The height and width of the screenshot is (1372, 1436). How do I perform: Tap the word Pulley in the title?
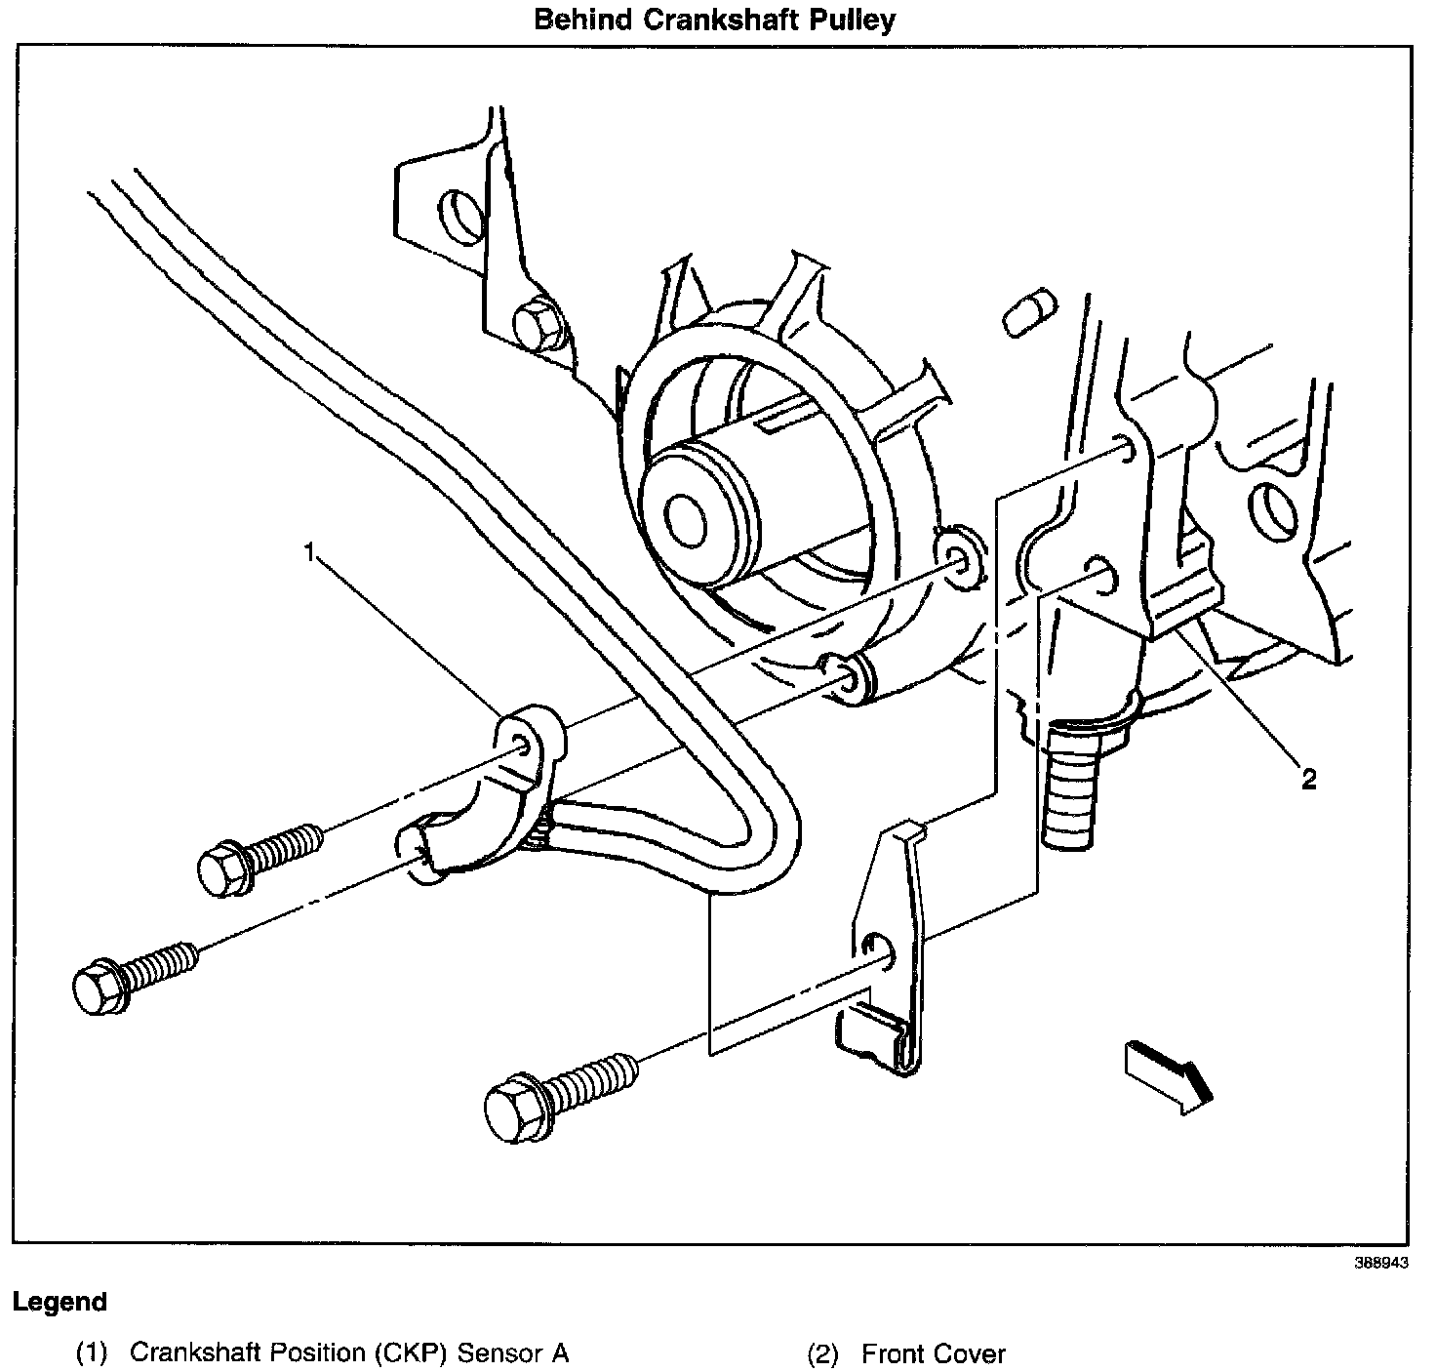[x=853, y=20]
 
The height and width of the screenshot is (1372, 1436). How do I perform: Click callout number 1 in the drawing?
[x=311, y=554]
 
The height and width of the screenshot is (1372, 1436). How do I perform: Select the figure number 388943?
[x=1380, y=1262]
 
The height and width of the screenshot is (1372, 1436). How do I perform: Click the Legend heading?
[x=60, y=1302]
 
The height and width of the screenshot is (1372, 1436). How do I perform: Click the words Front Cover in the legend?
[x=934, y=1353]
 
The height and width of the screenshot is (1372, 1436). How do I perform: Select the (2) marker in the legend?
[x=822, y=1353]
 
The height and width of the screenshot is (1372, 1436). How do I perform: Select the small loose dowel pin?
[x=1028, y=312]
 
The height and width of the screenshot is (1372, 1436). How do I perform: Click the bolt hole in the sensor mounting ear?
[x=522, y=747]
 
